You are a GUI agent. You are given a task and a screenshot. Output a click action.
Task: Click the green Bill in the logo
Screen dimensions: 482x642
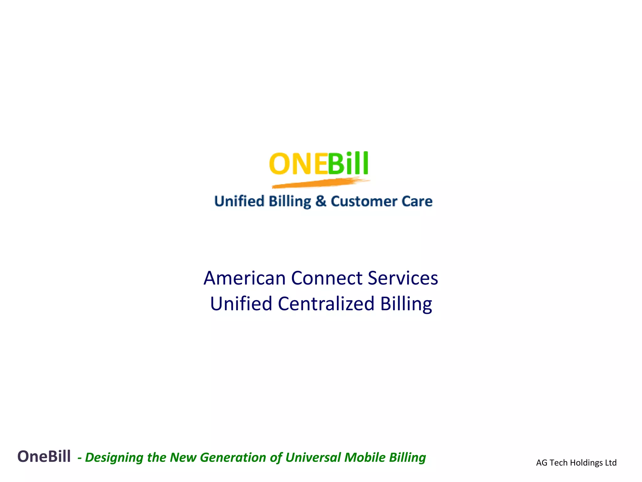coord(348,164)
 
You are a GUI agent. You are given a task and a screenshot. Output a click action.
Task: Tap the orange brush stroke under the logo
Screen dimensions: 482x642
coord(320,183)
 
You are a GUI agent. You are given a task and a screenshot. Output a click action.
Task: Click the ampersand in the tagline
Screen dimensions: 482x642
coord(321,201)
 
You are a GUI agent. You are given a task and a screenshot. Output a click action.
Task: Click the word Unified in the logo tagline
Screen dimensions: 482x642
coord(239,201)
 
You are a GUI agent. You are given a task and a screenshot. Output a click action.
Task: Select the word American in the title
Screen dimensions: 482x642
coord(245,278)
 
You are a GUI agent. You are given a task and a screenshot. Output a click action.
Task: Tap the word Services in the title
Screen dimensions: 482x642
coord(403,278)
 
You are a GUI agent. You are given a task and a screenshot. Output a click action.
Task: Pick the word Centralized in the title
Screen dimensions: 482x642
coord(326,304)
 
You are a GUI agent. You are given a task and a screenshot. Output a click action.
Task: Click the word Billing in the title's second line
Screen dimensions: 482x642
coord(406,304)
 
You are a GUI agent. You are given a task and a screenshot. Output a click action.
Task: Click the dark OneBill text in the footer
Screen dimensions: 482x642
coord(44,456)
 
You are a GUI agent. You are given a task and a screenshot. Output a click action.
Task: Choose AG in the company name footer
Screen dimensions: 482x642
coord(542,463)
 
